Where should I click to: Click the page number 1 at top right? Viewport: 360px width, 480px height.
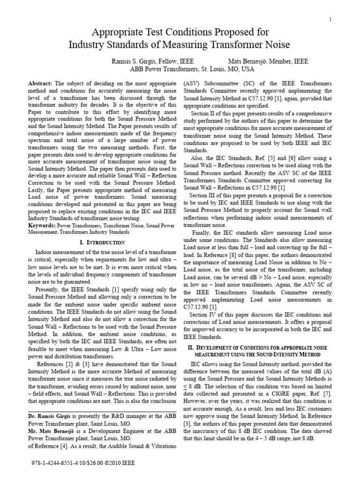(x=330, y=19)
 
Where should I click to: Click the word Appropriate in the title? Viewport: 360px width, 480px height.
(x=117, y=32)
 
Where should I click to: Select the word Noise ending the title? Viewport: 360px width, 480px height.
(x=277, y=45)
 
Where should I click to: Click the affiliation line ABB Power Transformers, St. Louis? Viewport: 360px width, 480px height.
(x=180, y=69)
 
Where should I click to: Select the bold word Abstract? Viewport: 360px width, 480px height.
(x=43, y=83)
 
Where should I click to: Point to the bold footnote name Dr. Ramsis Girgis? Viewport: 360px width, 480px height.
(x=49, y=416)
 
